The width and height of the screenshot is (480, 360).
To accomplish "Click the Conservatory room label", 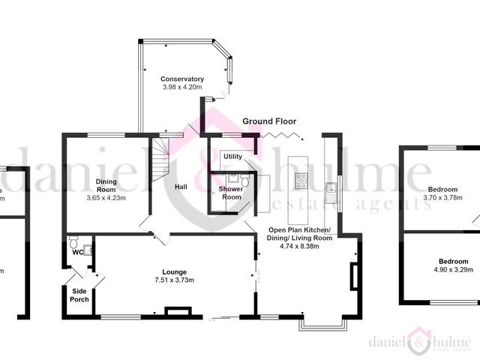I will tap(182, 79).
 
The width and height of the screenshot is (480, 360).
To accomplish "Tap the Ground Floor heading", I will tap(269, 121).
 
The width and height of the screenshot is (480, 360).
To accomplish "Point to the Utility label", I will tap(232, 156).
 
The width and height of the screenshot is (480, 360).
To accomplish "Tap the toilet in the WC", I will tap(73, 244).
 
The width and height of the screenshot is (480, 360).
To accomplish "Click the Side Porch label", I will tap(79, 295).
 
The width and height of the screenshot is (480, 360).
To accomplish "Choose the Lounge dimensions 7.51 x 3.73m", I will tap(174, 280).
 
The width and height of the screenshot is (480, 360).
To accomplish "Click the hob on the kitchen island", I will tap(301, 178).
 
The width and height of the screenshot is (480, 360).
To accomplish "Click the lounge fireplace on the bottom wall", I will tap(178, 309).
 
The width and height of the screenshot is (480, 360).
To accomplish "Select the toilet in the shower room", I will tap(244, 180).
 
